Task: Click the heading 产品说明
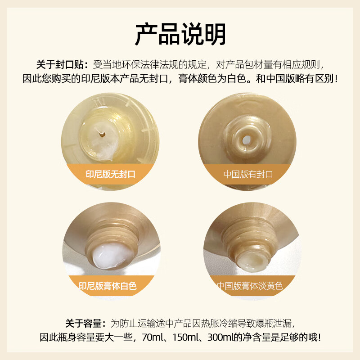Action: pos(180,33)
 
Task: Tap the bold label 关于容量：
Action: pos(85,323)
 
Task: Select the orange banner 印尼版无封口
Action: pos(111,174)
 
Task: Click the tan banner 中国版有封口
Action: pos(248,174)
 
